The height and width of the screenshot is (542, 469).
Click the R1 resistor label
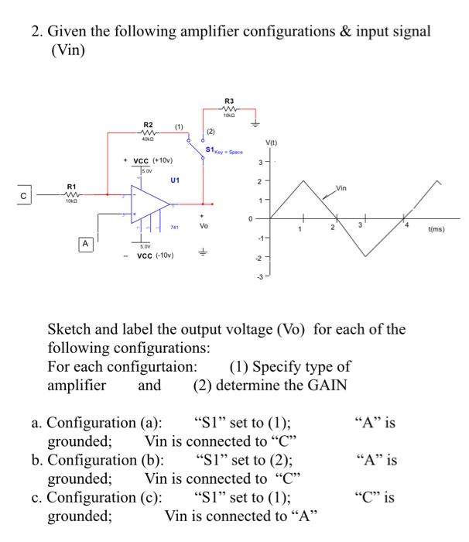pos(71,187)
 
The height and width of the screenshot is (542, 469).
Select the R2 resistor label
pos(148,125)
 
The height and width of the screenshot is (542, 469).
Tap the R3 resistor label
pos(228,101)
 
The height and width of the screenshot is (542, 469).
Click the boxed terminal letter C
pos(24,196)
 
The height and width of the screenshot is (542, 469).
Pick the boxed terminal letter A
pos(85,243)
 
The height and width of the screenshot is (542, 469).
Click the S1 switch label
pos(210,151)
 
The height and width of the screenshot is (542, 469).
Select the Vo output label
pos(204,226)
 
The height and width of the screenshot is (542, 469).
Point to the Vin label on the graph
pos(341,188)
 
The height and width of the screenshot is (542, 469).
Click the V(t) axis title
pos(271,142)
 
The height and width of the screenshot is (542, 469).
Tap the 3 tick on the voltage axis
pos(261,162)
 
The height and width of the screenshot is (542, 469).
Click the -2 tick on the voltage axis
pos(260,256)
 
